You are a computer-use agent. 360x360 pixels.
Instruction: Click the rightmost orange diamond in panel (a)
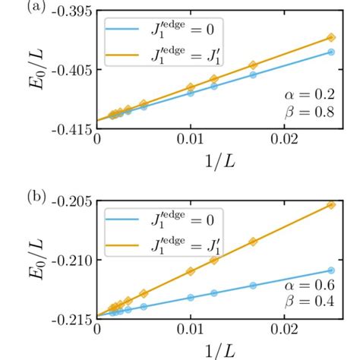click(330, 37)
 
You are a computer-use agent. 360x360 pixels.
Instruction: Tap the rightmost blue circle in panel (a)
click(330, 52)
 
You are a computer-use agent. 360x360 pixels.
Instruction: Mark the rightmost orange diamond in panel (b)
click(330, 204)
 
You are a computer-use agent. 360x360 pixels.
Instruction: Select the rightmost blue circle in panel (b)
click(330, 270)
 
